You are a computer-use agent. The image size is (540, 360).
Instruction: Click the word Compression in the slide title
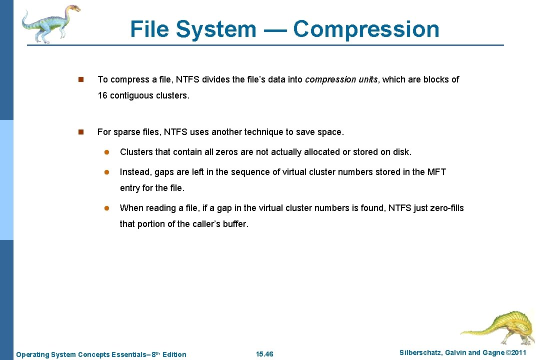(366, 29)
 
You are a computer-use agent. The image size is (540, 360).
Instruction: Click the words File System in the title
(193, 29)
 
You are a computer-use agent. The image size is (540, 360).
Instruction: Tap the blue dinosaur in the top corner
(50, 23)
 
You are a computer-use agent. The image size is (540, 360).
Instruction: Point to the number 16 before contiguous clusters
(102, 95)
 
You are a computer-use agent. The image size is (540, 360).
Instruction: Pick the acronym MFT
(436, 172)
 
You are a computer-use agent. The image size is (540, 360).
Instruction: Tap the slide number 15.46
(264, 354)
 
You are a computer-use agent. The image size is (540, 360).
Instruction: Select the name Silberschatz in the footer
(421, 353)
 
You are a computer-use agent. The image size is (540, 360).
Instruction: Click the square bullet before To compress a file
(81, 79)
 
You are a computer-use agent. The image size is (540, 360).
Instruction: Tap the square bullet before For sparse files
(81, 132)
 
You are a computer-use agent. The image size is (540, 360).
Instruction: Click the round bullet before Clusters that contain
(106, 152)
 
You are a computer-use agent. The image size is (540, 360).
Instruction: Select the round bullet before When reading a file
(106, 208)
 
